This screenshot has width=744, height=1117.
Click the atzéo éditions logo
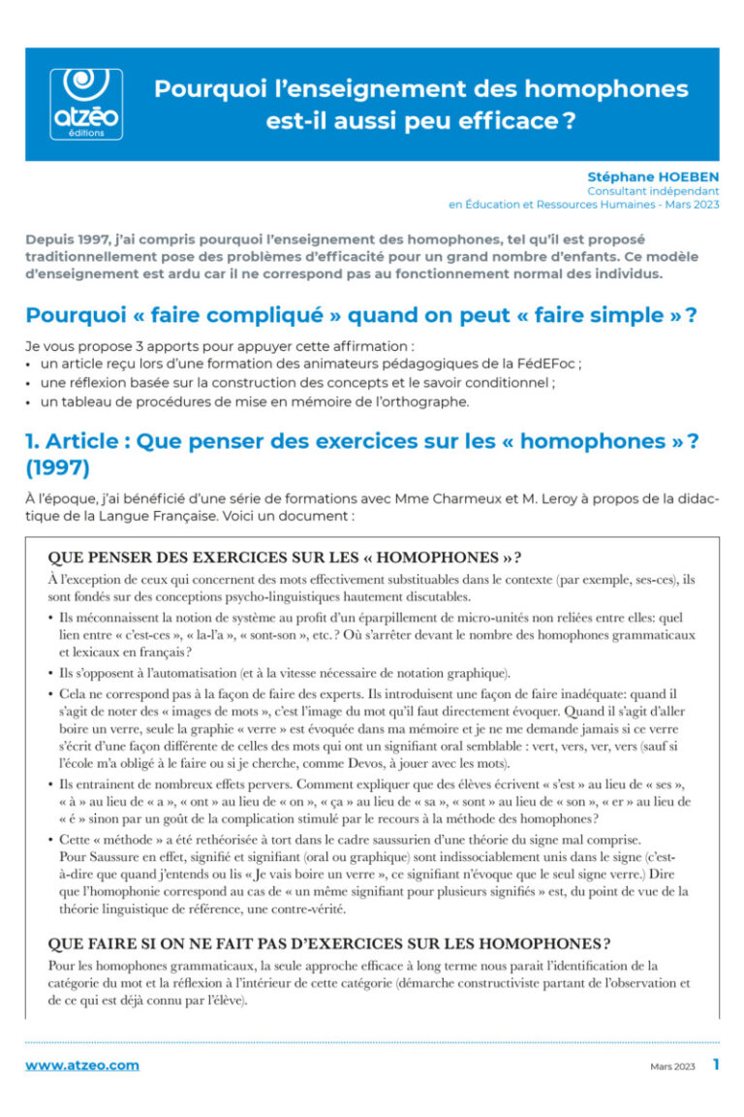tap(85, 104)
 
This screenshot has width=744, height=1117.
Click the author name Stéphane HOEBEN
tap(653, 176)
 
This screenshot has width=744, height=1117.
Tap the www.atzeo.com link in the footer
tap(82, 1065)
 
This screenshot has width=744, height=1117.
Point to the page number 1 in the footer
tap(715, 1064)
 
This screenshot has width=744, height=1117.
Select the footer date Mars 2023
tap(672, 1066)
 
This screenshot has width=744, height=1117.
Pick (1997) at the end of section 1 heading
tap(57, 467)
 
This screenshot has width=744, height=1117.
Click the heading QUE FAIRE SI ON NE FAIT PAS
tap(328, 943)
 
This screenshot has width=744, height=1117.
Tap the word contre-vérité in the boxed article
tap(289, 910)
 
